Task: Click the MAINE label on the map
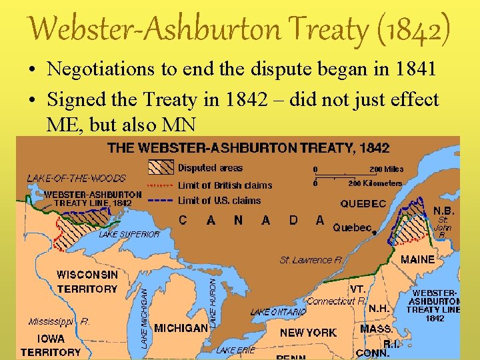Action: point(417,259)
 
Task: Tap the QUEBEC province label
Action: point(363,204)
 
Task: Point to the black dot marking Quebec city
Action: point(375,233)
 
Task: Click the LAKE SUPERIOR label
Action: point(129,235)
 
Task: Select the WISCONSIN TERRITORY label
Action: point(87,281)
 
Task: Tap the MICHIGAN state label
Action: point(181,328)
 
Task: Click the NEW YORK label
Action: point(308,332)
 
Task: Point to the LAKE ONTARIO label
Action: point(278,312)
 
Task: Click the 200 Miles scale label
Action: point(387,169)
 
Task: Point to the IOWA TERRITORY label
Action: point(50,345)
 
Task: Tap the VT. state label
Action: point(358,289)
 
